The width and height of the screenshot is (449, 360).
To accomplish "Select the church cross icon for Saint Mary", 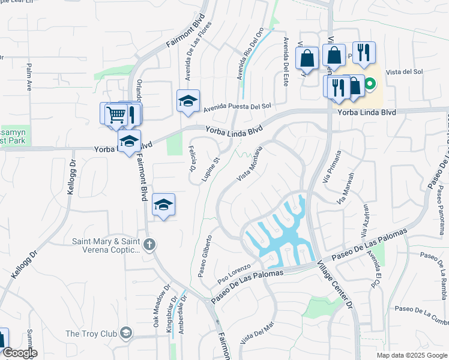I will (x=149, y=244).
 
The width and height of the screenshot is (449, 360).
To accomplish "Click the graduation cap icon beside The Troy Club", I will (x=126, y=332).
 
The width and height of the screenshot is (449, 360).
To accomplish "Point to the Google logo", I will (x=19, y=353).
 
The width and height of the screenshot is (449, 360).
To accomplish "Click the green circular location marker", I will (x=370, y=85).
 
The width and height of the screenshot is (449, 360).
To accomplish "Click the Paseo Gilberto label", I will (x=205, y=256).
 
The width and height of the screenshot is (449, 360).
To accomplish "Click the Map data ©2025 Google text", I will (x=411, y=355).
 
